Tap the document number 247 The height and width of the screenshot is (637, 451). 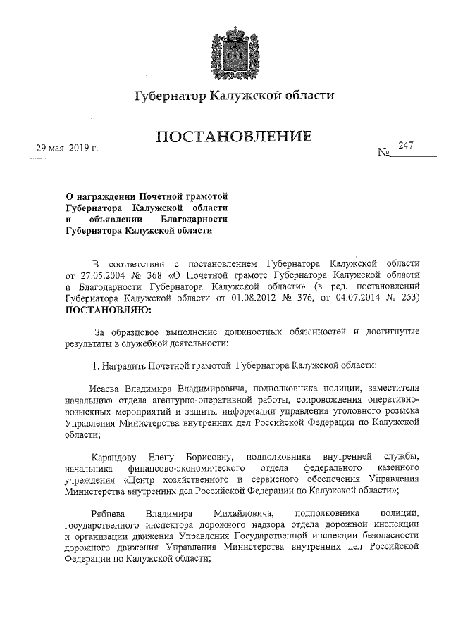tap(405, 146)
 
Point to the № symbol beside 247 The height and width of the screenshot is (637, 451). tap(384, 152)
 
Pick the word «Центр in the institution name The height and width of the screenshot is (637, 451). tap(138, 479)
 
